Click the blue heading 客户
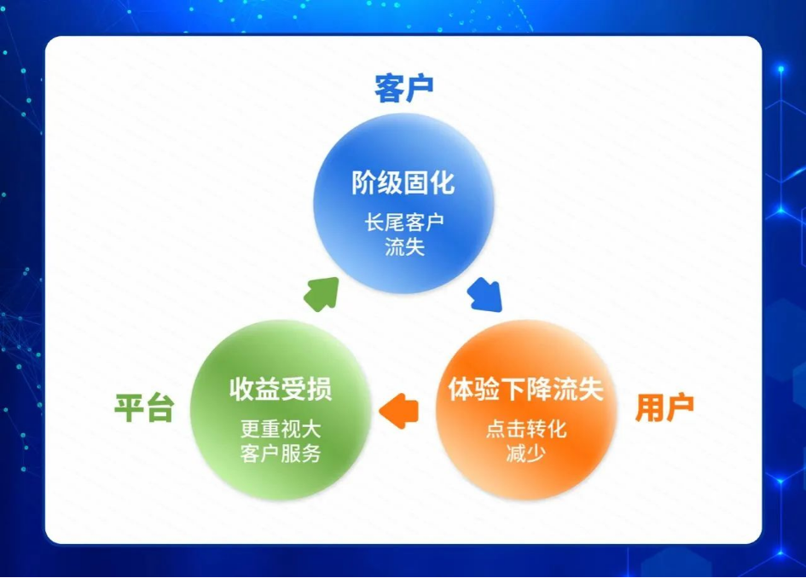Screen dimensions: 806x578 coord(404,89)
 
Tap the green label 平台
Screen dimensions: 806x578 coord(144,408)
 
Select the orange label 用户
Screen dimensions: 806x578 coord(664,408)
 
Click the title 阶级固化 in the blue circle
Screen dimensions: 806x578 coord(403,183)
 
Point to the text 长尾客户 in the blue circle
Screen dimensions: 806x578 coord(404,223)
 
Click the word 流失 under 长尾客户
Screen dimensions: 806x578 coord(404,247)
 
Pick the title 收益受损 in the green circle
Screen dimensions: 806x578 coord(281,389)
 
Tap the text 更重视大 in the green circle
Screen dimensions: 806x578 coord(281,429)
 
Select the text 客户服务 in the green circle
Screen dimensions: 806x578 coord(281,454)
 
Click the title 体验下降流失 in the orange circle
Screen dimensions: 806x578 coord(526,389)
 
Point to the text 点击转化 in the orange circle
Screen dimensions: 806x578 coord(526,429)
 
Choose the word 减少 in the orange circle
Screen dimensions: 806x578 coord(526,454)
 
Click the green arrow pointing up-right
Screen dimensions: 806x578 coord(322,293)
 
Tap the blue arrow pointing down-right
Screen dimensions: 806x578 coord(485,294)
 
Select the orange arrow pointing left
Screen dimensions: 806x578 coord(399,411)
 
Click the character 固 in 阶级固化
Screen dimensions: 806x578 coord(416,183)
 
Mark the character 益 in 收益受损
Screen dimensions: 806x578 coord(268,389)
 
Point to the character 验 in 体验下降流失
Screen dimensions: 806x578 coord(487,389)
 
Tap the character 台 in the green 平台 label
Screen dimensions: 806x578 coord(159,408)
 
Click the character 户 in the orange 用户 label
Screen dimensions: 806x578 coord(680,408)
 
